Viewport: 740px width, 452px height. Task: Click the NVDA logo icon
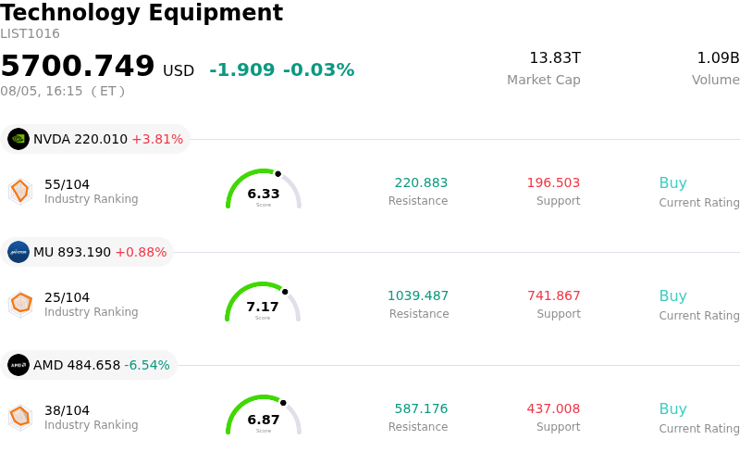18,139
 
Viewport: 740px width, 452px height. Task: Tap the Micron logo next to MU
18,252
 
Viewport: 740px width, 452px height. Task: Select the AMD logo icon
18,365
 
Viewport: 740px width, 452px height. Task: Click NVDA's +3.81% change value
157,139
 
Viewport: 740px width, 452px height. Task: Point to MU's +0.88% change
141,252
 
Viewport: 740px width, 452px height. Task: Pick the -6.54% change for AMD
147,365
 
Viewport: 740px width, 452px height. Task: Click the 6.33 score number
264,194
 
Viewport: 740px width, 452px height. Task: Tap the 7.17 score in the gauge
263,307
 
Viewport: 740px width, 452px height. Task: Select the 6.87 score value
264,420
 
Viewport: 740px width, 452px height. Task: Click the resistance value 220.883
421,182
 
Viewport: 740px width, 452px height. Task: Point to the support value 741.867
553,295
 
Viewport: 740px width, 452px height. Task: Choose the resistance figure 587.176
421,408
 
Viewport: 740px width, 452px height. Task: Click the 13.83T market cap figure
555,57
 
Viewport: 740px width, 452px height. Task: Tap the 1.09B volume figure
719,57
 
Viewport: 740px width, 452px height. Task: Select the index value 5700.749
78,65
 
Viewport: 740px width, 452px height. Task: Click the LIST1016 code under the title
30,33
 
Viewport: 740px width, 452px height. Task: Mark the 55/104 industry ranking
67,184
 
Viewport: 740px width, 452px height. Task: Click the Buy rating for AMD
673,408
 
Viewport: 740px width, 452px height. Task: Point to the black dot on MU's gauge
285,292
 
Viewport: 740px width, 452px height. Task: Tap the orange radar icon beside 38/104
20,418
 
